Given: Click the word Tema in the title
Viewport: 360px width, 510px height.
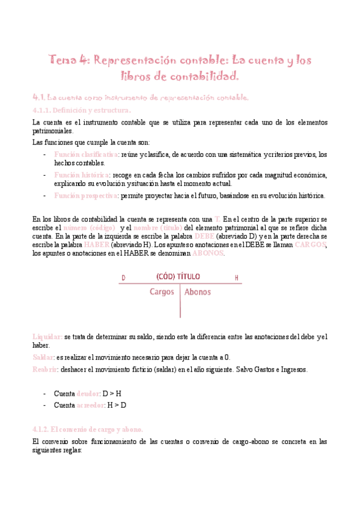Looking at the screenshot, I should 63,60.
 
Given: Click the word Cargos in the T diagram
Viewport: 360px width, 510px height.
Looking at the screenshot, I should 161,292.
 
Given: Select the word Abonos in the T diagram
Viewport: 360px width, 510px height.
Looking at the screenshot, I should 198,292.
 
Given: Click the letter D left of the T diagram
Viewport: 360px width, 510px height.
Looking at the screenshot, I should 123,278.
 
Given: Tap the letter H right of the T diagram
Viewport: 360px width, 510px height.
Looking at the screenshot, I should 237,278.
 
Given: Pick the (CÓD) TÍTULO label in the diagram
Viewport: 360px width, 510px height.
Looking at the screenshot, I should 178,277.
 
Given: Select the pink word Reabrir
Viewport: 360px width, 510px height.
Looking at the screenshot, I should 45,369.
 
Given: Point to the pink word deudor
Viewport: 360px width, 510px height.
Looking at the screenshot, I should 89,393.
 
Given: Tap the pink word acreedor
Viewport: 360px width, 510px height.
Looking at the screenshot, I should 91,405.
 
